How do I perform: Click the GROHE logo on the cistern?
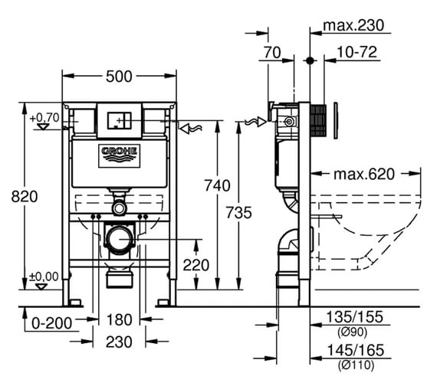tap(120, 156)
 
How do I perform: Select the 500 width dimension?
tap(119, 77)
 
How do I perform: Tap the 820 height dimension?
tap(25, 197)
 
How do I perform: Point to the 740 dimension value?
tap(218, 185)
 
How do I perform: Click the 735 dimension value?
tap(238, 212)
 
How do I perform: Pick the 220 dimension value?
tap(196, 265)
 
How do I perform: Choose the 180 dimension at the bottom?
tap(119, 319)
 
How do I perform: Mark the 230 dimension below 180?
tap(119, 342)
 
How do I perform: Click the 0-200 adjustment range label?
tap(52, 323)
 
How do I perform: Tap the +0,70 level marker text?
tap(44, 117)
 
